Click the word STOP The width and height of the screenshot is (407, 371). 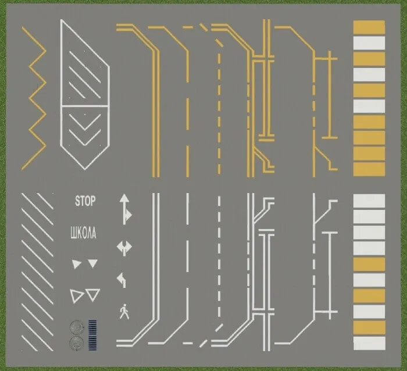tap(84, 202)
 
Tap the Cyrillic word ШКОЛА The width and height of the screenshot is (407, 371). tap(83, 234)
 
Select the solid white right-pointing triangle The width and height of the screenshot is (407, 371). tap(76, 265)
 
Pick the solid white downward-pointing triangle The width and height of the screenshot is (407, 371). tap(92, 264)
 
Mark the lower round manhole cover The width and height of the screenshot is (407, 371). tap(75, 343)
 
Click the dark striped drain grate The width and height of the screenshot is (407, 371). tap(92, 336)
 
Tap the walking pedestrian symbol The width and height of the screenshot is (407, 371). tap(124, 312)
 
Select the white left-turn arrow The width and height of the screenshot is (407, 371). tap(123, 280)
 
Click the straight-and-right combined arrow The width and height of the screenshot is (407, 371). tap(124, 208)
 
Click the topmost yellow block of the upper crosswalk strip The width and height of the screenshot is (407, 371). tap(369, 27)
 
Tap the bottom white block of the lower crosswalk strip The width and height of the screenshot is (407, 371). tap(369, 343)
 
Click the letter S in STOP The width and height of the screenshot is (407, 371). tap(77, 202)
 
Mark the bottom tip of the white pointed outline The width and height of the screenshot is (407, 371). tap(84, 169)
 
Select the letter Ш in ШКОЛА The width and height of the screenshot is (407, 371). tap(72, 234)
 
